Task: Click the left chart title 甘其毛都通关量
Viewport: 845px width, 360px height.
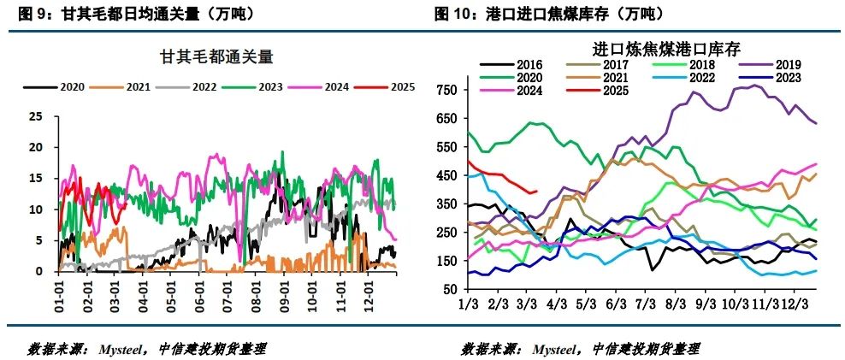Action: coord(216,57)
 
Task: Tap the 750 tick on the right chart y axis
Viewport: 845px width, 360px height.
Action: coord(446,90)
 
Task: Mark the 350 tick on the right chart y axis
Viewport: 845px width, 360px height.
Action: coord(446,204)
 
